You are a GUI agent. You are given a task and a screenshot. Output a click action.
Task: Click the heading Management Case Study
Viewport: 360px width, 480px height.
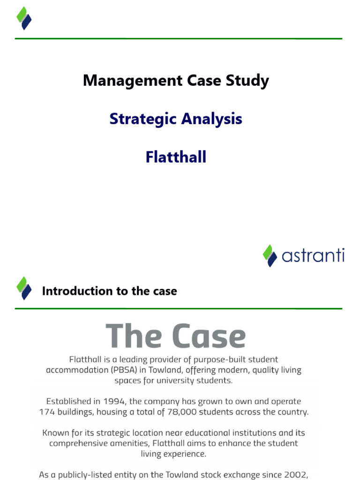tap(176, 81)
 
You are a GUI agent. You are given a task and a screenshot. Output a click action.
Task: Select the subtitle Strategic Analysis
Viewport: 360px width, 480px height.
tap(176, 119)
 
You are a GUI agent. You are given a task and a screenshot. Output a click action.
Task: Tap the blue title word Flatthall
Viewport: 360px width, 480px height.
tap(176, 157)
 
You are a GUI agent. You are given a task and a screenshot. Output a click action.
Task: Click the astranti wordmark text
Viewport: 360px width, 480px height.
tap(313, 256)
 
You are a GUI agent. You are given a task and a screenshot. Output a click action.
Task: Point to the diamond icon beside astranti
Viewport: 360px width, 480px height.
tap(270, 255)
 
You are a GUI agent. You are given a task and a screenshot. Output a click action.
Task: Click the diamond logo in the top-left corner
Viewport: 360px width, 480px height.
tap(24, 18)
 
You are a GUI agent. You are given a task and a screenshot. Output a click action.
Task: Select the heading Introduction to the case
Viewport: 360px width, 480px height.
tap(109, 291)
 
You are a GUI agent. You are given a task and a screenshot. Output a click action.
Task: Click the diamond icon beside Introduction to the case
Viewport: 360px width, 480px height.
tap(24, 288)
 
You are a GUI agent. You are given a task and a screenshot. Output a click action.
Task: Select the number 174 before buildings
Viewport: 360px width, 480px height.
tap(48, 412)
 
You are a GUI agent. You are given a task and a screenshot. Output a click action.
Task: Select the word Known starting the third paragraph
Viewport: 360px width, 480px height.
tap(56, 433)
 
